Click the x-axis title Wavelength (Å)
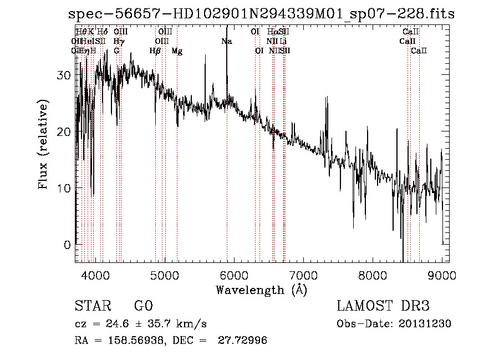click(261, 290)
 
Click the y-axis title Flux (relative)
click(43, 144)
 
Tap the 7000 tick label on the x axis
click(303, 275)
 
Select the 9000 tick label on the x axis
click(442, 275)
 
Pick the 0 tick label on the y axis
click(67, 245)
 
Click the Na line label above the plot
click(227, 41)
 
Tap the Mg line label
click(177, 51)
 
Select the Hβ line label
click(155, 51)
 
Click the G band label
click(116, 51)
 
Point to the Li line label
click(283, 41)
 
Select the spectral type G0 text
click(143, 306)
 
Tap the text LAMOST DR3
click(383, 306)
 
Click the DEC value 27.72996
click(245, 341)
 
